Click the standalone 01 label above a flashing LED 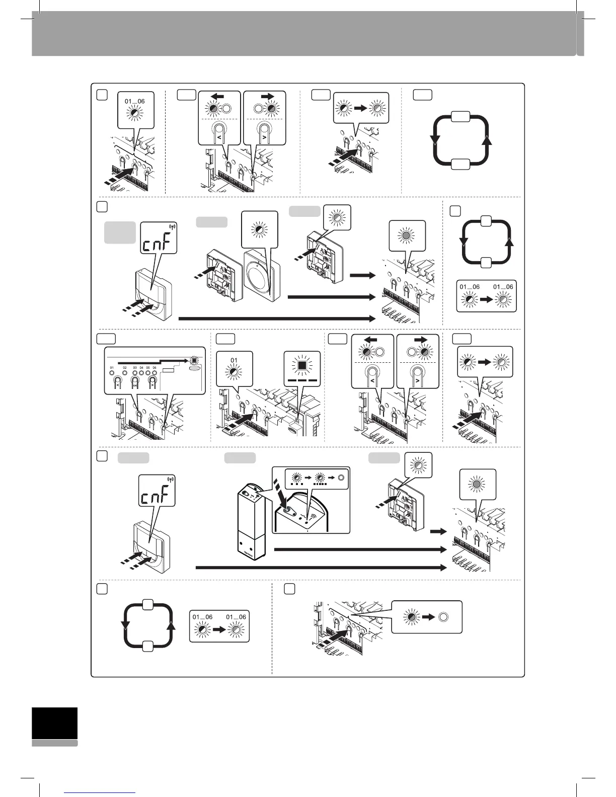coord(234,360)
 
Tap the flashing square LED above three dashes coord(301,365)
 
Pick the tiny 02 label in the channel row coord(125,368)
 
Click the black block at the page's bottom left coord(55,724)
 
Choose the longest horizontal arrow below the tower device coord(321,568)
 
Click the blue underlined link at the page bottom coord(101,792)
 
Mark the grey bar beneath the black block coord(55,743)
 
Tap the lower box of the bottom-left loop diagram coord(148,647)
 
